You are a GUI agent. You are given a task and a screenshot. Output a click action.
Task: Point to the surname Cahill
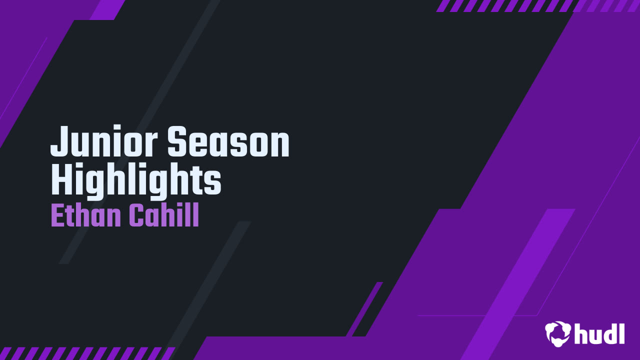click(164, 216)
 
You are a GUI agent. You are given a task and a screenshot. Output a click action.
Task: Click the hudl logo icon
click(558, 333)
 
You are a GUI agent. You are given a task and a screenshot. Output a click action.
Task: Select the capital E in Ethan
click(56, 216)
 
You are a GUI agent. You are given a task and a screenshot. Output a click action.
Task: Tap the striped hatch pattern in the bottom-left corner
click(85, 353)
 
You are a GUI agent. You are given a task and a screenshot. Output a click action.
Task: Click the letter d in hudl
click(608, 333)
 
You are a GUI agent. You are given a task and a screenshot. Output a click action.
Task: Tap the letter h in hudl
click(581, 333)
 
